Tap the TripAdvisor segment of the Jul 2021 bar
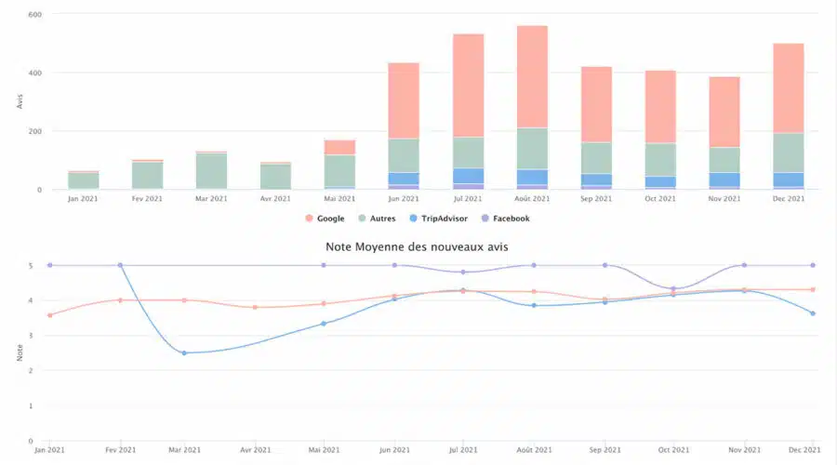(468, 176)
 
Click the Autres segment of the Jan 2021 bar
(83, 179)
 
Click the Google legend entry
(325, 219)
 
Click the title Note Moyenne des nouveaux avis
(417, 246)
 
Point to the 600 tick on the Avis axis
(34, 15)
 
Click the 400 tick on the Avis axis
(34, 73)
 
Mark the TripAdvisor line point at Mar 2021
(184, 352)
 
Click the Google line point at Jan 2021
(49, 314)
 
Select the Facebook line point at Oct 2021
(672, 288)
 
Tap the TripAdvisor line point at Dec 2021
(813, 313)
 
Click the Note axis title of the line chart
(19, 353)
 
